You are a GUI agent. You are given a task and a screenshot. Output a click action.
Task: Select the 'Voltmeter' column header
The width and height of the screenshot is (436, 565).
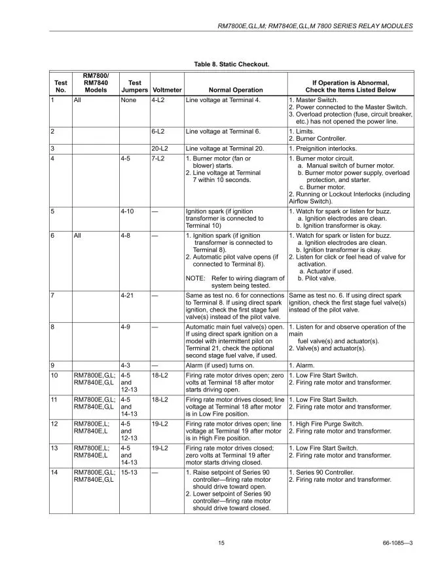click(x=166, y=90)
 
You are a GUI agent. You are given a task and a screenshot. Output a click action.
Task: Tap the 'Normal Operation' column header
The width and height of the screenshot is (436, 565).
click(x=235, y=90)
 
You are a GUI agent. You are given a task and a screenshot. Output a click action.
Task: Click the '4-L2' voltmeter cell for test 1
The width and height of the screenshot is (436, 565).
click(x=158, y=100)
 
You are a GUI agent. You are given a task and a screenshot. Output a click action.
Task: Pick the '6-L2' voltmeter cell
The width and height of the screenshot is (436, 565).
click(x=158, y=130)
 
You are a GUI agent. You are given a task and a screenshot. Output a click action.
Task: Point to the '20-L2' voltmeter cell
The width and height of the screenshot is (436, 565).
click(x=160, y=149)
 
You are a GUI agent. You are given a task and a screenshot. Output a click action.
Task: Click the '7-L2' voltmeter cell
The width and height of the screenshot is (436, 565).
click(x=158, y=158)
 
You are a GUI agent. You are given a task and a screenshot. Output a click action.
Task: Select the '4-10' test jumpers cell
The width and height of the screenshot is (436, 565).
click(x=128, y=211)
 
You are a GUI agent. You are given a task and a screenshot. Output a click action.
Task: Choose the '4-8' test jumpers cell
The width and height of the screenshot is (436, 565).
click(x=127, y=235)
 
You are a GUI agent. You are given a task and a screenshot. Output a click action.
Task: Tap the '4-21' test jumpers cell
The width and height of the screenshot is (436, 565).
click(x=128, y=295)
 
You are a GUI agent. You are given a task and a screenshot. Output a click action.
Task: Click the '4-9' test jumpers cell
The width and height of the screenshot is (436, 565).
click(x=127, y=326)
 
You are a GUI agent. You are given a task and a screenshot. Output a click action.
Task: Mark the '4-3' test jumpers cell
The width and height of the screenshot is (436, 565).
click(x=127, y=365)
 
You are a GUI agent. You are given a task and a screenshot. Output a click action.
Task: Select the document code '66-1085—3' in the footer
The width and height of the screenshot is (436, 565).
click(x=395, y=543)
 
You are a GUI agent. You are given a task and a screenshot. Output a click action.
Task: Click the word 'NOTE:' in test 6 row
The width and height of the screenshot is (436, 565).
click(x=196, y=278)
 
